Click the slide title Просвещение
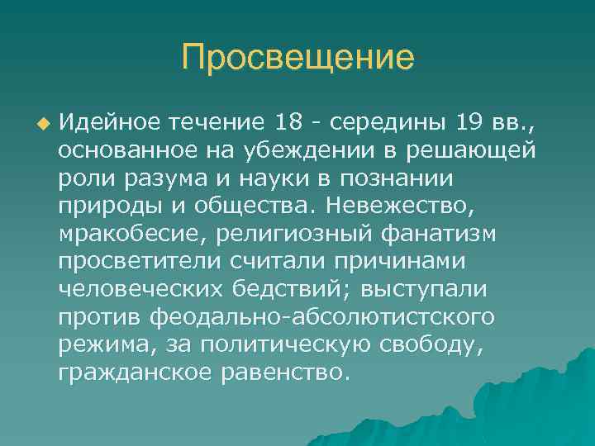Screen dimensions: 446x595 (297, 59)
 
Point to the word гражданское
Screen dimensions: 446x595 (136, 372)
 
